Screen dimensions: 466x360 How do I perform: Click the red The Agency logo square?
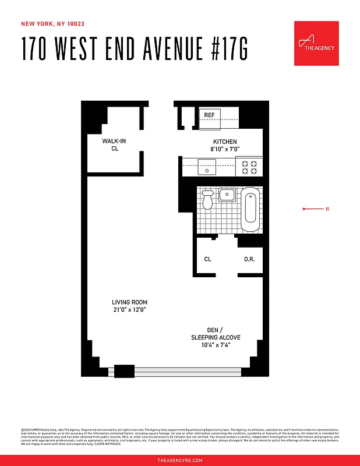[316, 44]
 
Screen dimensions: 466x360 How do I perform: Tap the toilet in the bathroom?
[208, 200]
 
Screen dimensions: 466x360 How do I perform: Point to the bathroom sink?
[227, 195]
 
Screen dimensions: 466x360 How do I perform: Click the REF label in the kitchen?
[209, 115]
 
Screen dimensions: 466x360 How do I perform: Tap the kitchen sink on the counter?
[209, 168]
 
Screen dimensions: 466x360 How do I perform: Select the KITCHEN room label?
[225, 142]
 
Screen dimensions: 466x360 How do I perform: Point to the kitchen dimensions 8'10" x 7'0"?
[225, 150]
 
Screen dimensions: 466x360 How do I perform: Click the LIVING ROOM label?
[130, 302]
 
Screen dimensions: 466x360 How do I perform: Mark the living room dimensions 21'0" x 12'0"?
[130, 310]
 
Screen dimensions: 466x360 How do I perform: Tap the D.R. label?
[249, 259]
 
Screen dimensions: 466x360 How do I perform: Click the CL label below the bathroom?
[207, 259]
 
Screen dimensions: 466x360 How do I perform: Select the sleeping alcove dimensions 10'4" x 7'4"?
[216, 345]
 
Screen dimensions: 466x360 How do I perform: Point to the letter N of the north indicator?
[327, 209]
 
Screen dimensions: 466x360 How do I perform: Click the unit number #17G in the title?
[224, 50]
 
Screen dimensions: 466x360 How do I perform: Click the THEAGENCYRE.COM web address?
[180, 461]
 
